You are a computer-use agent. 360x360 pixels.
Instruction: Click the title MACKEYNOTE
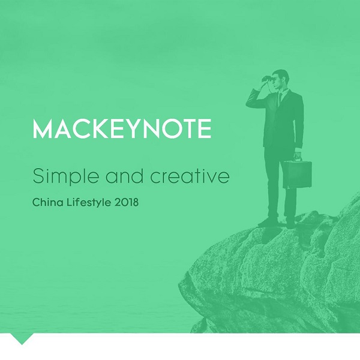[x=122, y=128]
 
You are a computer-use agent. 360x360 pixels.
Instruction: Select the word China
[x=48, y=202]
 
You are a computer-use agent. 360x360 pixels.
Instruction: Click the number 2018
[x=126, y=202]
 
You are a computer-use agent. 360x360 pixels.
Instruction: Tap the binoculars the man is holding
[x=268, y=79]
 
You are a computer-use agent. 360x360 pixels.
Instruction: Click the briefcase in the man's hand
[x=297, y=175]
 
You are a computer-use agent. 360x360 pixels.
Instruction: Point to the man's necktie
[x=280, y=99]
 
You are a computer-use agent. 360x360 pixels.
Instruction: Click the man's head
[x=281, y=79]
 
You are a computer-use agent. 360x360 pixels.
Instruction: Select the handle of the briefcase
[x=298, y=157]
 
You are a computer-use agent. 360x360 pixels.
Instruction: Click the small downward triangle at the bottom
[x=22, y=338]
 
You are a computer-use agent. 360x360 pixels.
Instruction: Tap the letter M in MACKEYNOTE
[x=43, y=128]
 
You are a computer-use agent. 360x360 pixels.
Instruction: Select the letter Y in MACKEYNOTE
[x=131, y=128]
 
